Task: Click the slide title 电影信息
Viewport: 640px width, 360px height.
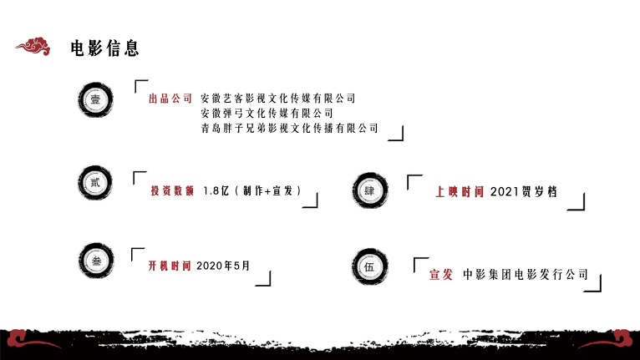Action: (104, 48)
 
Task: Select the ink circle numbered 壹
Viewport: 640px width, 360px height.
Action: (95, 99)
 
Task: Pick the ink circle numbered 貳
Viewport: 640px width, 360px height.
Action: (94, 183)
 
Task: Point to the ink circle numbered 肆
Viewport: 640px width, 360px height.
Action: (370, 191)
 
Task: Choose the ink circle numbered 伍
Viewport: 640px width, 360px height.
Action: (370, 267)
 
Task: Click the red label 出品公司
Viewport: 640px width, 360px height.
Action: (170, 99)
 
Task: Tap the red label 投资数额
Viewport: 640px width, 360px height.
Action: (172, 191)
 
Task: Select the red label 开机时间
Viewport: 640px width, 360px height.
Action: (170, 266)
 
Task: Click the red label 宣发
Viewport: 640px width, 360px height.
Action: (440, 274)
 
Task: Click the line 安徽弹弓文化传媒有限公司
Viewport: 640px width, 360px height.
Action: (267, 113)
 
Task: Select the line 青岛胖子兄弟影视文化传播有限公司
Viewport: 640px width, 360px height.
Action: (289, 128)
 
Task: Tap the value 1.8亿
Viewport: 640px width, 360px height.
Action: (216, 191)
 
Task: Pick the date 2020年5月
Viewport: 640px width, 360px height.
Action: (223, 266)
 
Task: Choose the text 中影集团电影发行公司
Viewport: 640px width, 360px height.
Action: (526, 274)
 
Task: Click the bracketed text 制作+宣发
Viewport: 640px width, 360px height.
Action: (267, 191)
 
